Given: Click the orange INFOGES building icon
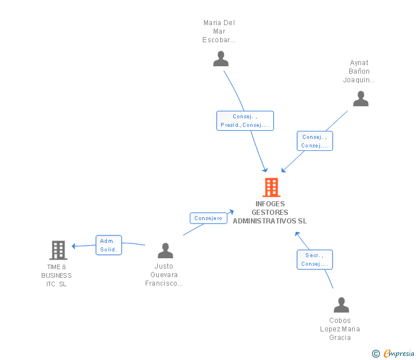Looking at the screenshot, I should pyautogui.click(x=271, y=187).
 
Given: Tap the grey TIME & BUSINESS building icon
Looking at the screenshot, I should pyautogui.click(x=58, y=250).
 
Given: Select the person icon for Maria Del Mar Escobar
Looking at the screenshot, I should pyautogui.click(x=221, y=58).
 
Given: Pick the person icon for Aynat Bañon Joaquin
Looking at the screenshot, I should pyautogui.click(x=361, y=99).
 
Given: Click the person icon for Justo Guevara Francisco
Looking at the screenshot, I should pyautogui.click(x=165, y=250).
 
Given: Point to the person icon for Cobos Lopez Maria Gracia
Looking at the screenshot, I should pyautogui.click(x=341, y=305).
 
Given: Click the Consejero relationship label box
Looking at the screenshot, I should pyautogui.click(x=208, y=218).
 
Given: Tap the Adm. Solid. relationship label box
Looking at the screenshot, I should pyautogui.click(x=109, y=245).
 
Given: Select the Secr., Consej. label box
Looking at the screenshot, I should pyautogui.click(x=314, y=259).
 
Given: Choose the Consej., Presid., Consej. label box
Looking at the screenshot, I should pyautogui.click(x=245, y=121).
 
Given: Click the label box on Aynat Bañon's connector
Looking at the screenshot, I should pyautogui.click(x=314, y=141).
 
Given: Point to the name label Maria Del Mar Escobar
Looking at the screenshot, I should pyautogui.click(x=219, y=31).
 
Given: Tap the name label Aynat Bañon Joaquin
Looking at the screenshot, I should pyautogui.click(x=359, y=71).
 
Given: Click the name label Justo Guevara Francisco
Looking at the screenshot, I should pyautogui.click(x=164, y=275).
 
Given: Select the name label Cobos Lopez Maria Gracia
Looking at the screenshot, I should pyautogui.click(x=340, y=329).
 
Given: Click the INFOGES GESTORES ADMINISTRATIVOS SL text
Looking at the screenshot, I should pyautogui.click(x=270, y=212).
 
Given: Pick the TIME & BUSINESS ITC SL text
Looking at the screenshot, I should pyautogui.click(x=57, y=275).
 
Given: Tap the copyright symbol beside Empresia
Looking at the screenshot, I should pyautogui.click(x=376, y=354).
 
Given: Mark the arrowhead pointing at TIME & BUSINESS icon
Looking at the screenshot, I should pyautogui.click(x=74, y=246).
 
